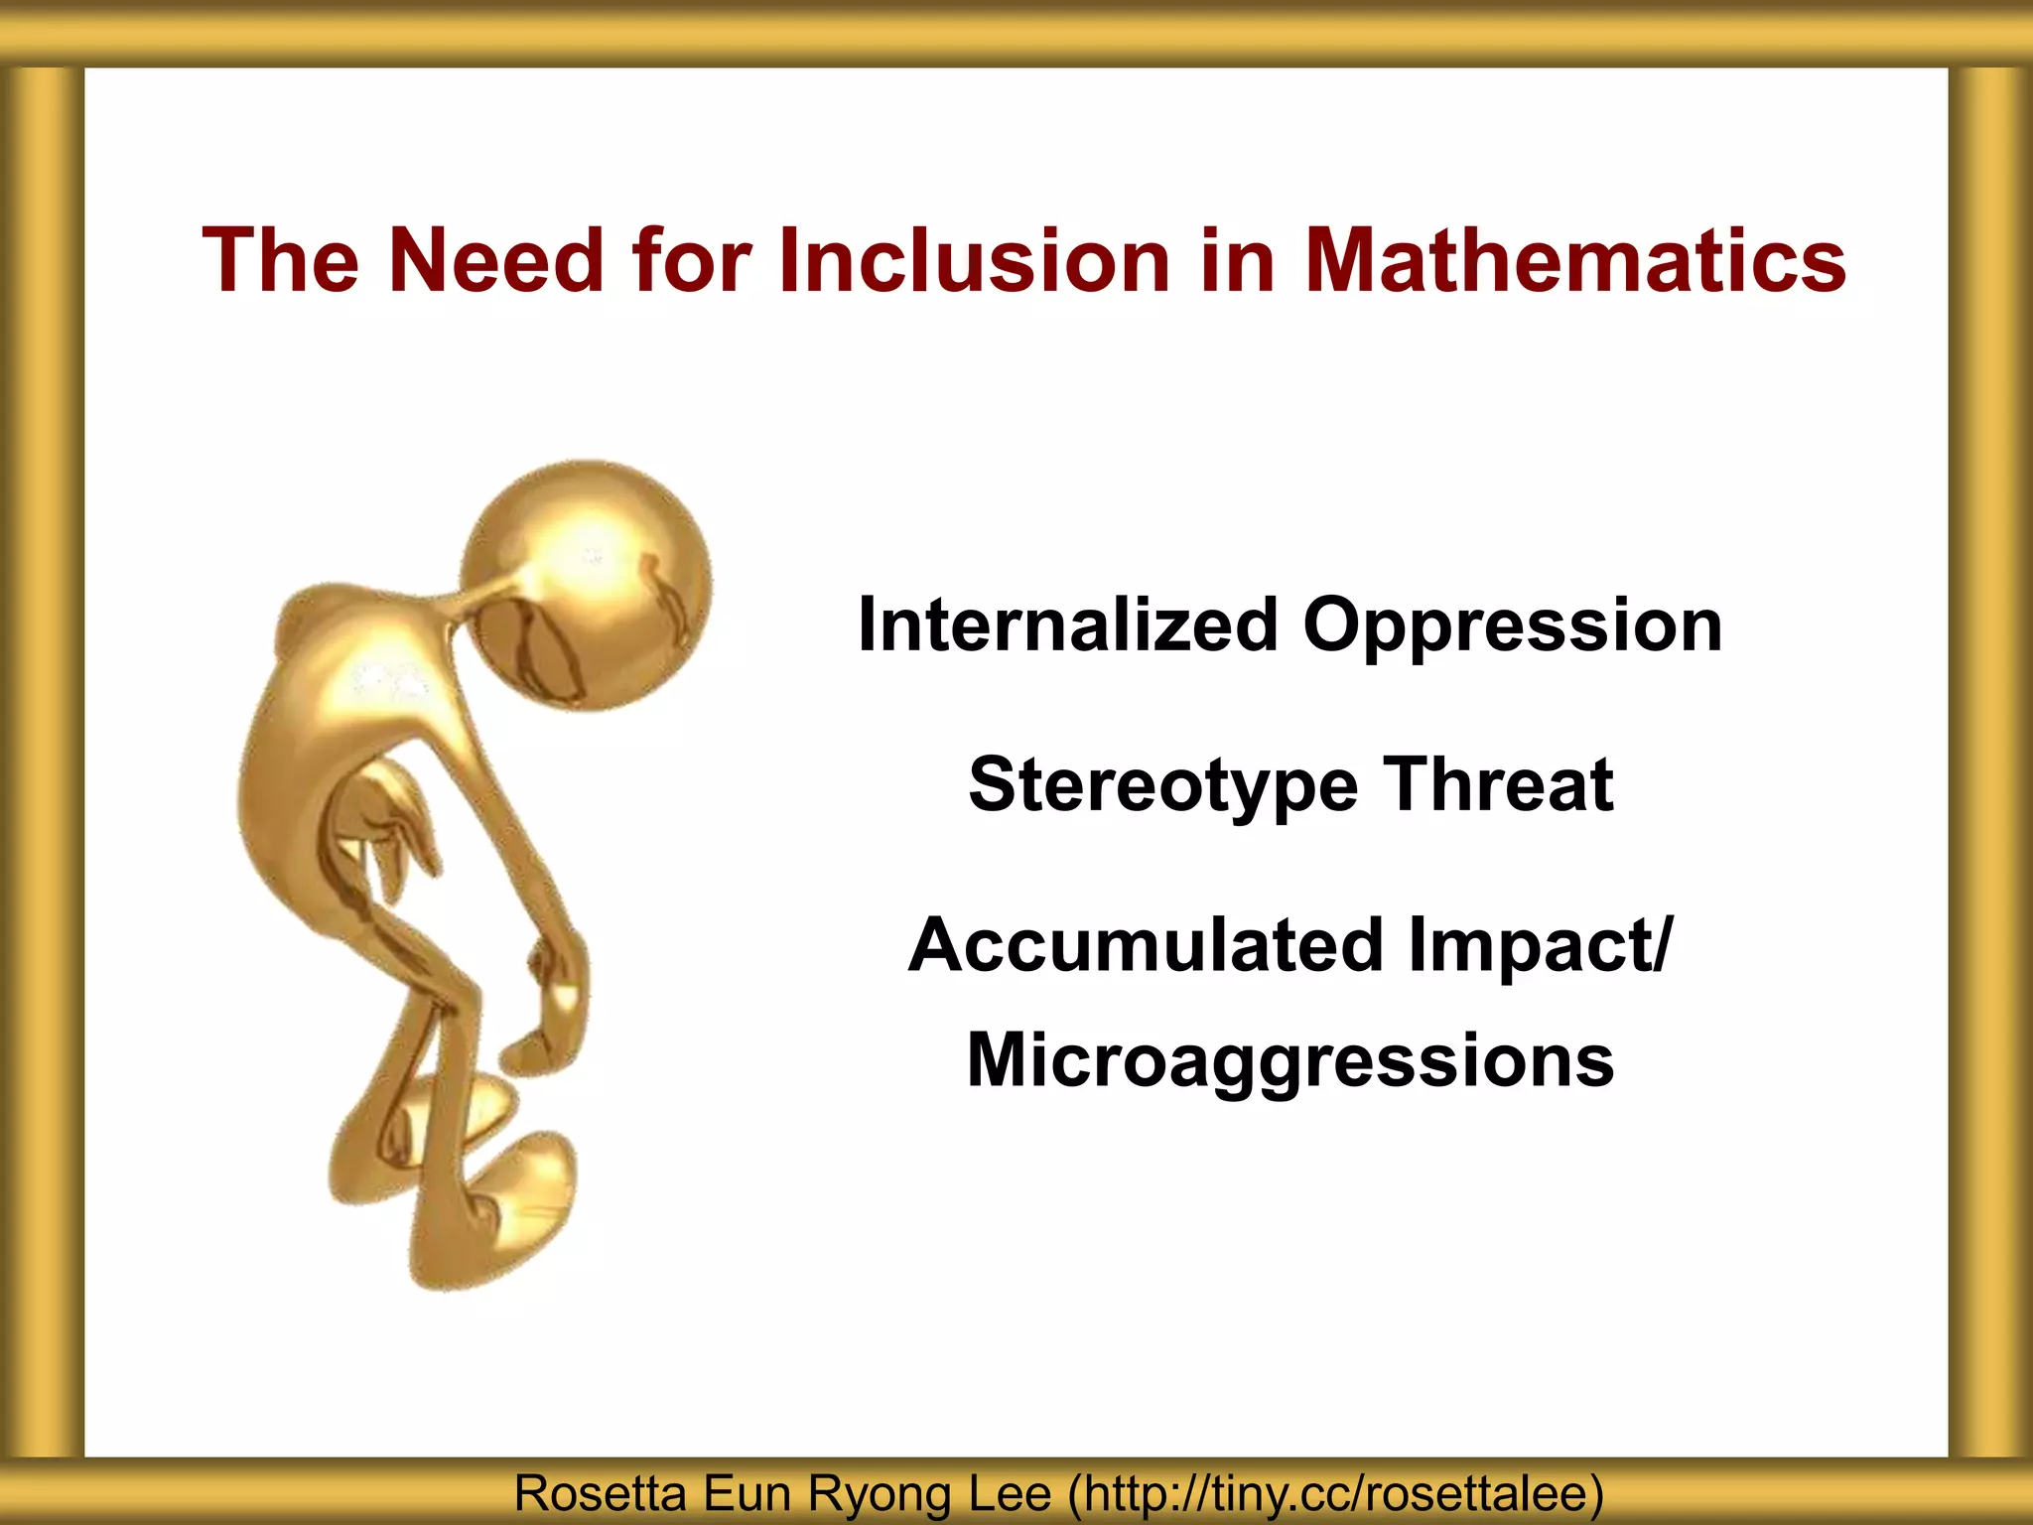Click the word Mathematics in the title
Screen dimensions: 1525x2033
coord(1575,260)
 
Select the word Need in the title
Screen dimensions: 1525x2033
coord(495,260)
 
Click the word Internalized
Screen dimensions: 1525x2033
coord(1068,625)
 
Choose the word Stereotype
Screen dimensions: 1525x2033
coord(1162,785)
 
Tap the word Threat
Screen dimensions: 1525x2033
coord(1499,784)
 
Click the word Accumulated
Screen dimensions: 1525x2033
coord(1146,944)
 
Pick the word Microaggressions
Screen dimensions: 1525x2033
coord(1290,1061)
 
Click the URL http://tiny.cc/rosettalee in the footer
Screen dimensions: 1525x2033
coord(1335,1493)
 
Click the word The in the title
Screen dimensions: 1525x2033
coord(280,260)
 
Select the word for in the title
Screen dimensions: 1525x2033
coord(691,260)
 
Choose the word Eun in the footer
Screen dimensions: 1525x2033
coord(746,1493)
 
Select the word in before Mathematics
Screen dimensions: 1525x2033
coord(1237,260)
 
